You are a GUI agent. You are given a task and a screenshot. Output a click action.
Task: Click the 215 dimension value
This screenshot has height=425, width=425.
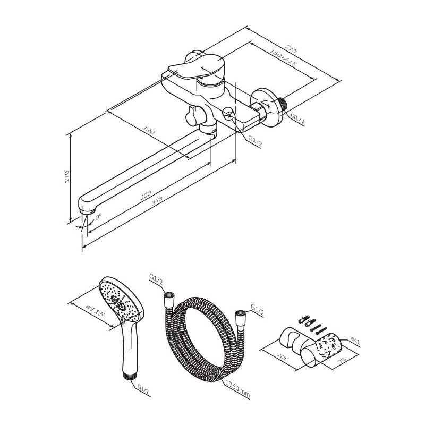tap(291, 50)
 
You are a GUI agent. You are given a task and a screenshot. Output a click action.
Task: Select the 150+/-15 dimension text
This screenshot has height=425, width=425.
tap(283, 57)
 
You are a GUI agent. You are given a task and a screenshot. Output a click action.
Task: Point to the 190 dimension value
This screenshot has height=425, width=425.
tap(149, 130)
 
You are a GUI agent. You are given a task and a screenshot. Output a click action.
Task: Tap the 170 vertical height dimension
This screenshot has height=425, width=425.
tap(67, 176)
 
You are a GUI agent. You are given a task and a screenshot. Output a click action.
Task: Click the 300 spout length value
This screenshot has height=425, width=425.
tap(146, 195)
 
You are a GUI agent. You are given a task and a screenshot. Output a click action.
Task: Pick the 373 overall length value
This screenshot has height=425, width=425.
tap(157, 201)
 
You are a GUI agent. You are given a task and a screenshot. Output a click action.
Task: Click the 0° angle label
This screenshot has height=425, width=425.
tap(98, 216)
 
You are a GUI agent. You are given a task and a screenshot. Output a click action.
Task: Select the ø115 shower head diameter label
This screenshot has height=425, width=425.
tap(95, 310)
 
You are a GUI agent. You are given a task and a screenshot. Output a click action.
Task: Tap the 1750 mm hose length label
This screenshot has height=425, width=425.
tap(237, 389)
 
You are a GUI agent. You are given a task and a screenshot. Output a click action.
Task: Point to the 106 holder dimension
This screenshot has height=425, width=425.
tap(283, 356)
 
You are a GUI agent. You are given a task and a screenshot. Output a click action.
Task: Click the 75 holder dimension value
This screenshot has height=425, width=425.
tap(342, 360)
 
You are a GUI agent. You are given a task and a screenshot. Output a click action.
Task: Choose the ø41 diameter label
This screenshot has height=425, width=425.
tap(355, 341)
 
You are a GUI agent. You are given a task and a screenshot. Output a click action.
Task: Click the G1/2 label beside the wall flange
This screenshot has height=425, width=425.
tap(297, 119)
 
